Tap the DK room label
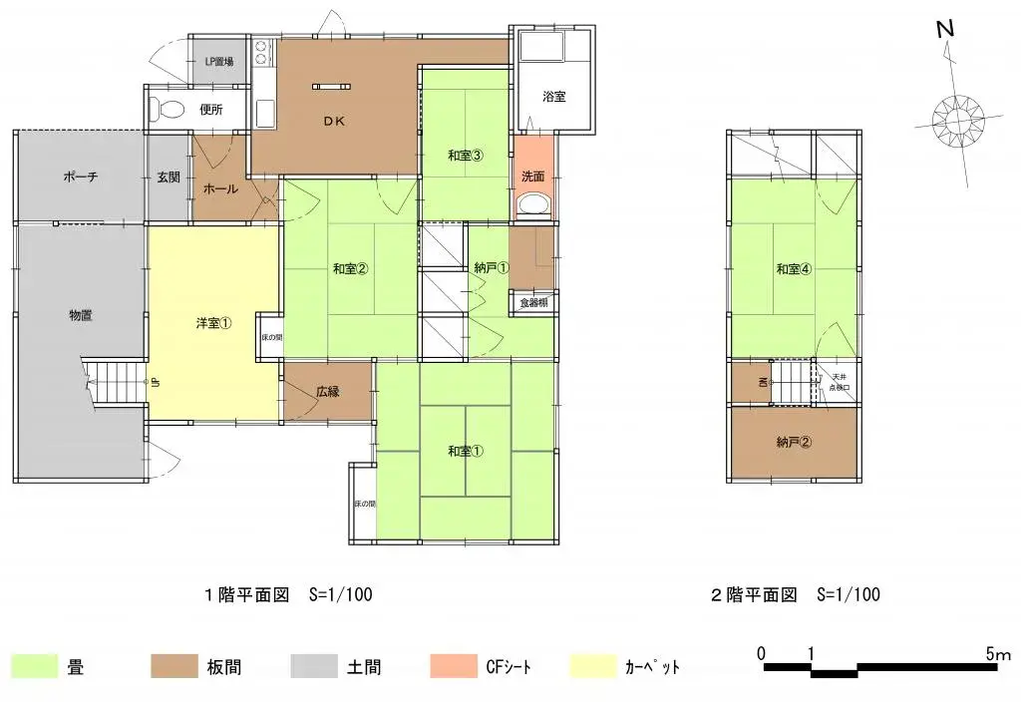coord(332,123)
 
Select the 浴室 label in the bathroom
coord(554,97)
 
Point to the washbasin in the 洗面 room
coord(532,205)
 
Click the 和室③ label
coord(465,155)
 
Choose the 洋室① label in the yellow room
coord(213,323)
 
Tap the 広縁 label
coord(328,392)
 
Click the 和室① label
coord(465,452)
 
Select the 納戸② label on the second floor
coord(794,443)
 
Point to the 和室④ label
coord(794,268)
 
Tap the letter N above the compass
coord(946,30)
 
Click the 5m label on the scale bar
coord(997,654)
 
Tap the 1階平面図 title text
coord(246,595)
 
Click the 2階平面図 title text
coord(754,595)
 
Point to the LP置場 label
coord(219,62)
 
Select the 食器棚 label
coord(533,302)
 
